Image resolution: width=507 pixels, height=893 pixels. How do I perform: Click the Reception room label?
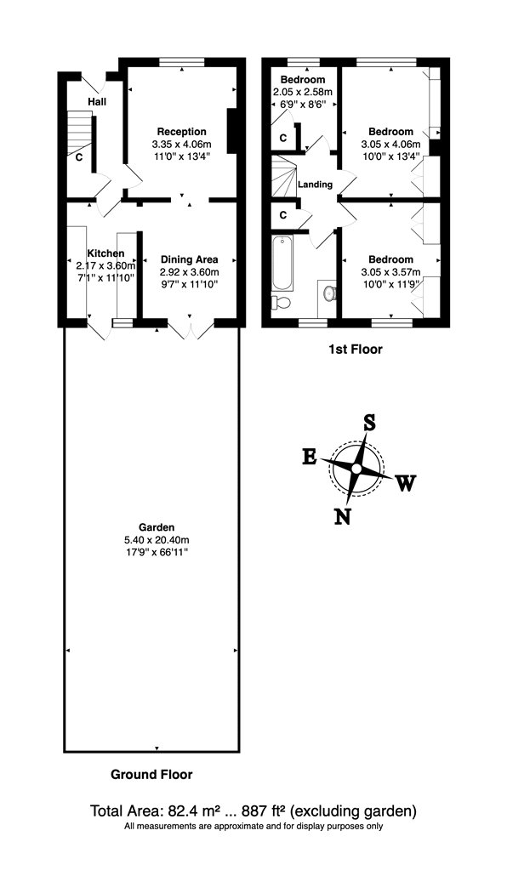click(182, 132)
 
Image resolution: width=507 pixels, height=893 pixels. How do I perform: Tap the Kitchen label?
click(105, 253)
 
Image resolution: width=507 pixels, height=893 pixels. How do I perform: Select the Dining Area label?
click(190, 259)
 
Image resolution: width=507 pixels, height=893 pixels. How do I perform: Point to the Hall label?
click(98, 102)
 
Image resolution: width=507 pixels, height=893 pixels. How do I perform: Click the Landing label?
click(315, 185)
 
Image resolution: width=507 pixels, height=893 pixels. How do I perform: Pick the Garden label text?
click(156, 527)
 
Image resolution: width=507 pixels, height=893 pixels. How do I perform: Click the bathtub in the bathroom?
click(283, 263)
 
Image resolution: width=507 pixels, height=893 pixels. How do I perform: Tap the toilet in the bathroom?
click(281, 301)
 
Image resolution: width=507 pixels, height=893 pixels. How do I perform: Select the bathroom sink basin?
click(329, 293)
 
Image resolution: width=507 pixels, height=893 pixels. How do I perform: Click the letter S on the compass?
click(369, 424)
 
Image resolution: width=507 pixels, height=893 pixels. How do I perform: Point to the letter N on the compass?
click(342, 515)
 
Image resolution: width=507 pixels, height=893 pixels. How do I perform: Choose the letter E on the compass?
click(310, 456)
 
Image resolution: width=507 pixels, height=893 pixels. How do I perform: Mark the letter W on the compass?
click(406, 483)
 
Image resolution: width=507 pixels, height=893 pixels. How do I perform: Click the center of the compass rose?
click(356, 468)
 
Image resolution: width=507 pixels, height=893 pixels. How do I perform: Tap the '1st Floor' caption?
click(355, 350)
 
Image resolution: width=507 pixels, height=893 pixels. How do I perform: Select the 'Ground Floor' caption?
click(151, 775)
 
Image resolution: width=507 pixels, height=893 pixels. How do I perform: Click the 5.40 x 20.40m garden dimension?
click(157, 540)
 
